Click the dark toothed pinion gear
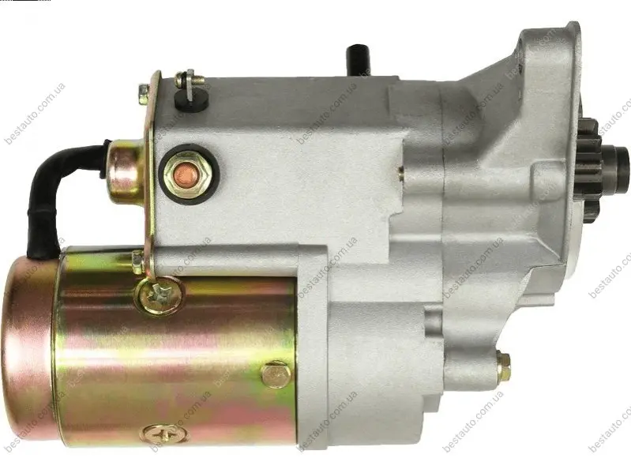point(590,167)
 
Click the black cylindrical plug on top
point(358,60)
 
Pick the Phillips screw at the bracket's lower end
point(160,296)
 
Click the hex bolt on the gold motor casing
point(276,375)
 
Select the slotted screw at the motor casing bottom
point(163,434)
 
